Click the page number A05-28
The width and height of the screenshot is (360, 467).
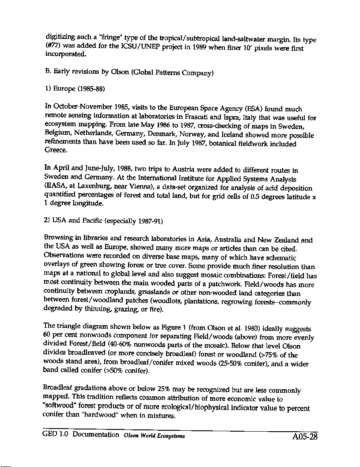tap(305, 437)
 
